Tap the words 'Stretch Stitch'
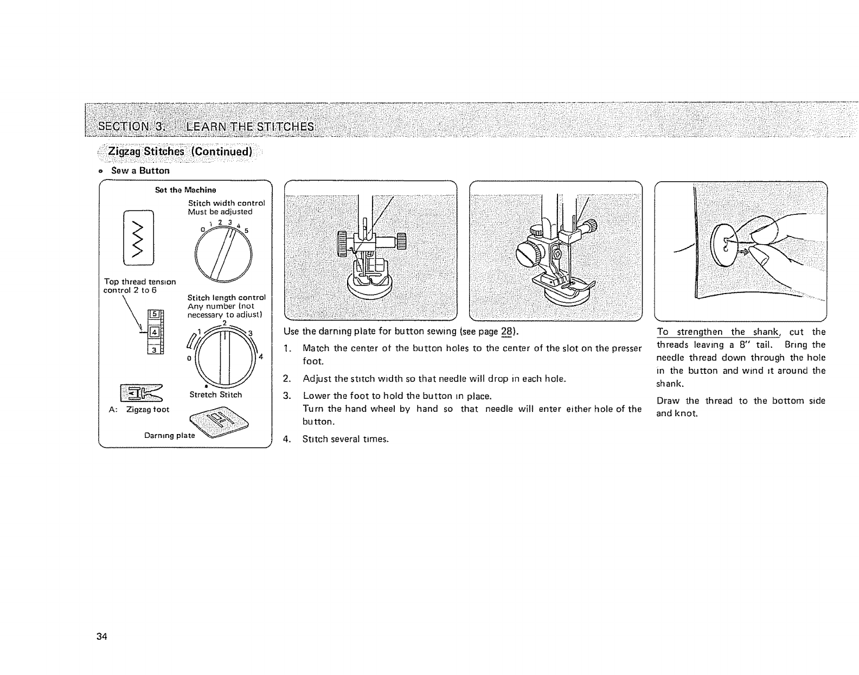[x=216, y=394]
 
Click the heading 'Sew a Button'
[x=140, y=170]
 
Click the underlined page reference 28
[x=508, y=332]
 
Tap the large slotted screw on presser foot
[x=529, y=253]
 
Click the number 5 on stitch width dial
[x=246, y=228]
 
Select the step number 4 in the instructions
[x=286, y=439]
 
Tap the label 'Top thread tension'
[x=139, y=282]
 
